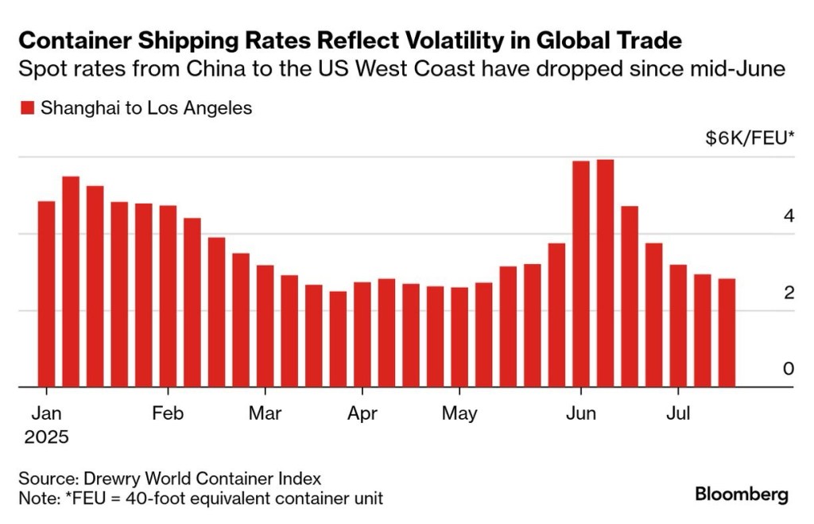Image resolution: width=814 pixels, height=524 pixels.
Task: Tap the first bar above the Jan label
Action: pyautogui.click(x=46, y=293)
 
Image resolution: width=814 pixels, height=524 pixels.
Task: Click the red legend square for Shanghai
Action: pyautogui.click(x=26, y=108)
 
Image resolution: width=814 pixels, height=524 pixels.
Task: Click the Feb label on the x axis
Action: pyautogui.click(x=168, y=413)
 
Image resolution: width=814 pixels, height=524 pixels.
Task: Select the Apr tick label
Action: pyautogui.click(x=362, y=413)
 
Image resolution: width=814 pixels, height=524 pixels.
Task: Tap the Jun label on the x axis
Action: pyautogui.click(x=581, y=413)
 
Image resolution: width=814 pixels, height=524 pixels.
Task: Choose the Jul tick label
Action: pyautogui.click(x=678, y=413)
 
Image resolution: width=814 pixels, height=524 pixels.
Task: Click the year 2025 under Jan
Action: pyautogui.click(x=46, y=437)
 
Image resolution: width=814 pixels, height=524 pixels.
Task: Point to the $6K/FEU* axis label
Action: pyautogui.click(x=749, y=138)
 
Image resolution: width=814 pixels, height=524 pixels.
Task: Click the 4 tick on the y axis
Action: pyautogui.click(x=789, y=215)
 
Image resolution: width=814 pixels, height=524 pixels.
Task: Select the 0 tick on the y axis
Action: pyautogui.click(x=789, y=369)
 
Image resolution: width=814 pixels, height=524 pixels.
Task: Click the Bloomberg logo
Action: pyautogui.click(x=741, y=494)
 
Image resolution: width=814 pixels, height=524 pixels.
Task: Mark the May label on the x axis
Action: pyautogui.click(x=459, y=413)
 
